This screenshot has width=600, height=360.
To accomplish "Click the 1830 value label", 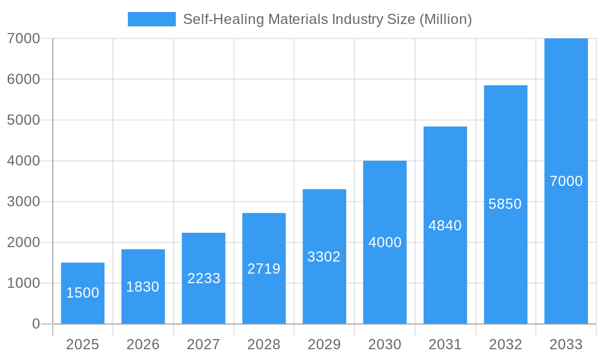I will [143, 287].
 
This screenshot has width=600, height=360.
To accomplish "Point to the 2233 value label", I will [203, 278].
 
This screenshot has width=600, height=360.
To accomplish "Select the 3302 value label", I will [324, 257].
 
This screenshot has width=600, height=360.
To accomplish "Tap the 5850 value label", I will [505, 204].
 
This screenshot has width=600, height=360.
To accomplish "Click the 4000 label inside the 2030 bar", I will [385, 242].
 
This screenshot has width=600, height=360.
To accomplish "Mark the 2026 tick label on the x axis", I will [143, 344].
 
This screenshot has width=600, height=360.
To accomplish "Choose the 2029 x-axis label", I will [324, 344].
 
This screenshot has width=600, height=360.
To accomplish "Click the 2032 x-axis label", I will [505, 344].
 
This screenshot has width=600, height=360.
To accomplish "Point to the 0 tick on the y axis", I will [35, 324].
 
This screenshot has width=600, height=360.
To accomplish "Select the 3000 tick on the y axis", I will [23, 202].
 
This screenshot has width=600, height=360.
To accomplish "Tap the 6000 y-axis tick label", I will [23, 79].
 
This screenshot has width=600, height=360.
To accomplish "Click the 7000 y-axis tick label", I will [23, 38].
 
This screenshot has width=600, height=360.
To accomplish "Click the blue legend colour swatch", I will [151, 19].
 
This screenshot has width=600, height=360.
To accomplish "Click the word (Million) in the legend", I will [445, 19].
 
